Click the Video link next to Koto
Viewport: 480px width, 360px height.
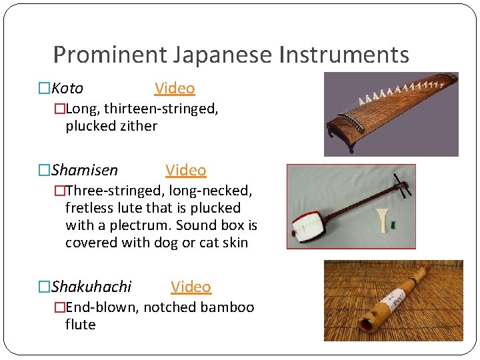click(x=175, y=88)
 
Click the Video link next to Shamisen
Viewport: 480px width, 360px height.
click(x=185, y=170)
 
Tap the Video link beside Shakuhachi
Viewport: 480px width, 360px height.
click(x=191, y=287)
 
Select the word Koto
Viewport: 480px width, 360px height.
click(x=67, y=88)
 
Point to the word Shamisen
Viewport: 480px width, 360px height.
click(x=85, y=170)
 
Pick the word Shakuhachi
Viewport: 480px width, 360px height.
click(x=91, y=287)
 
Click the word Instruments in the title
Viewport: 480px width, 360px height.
click(x=344, y=55)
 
